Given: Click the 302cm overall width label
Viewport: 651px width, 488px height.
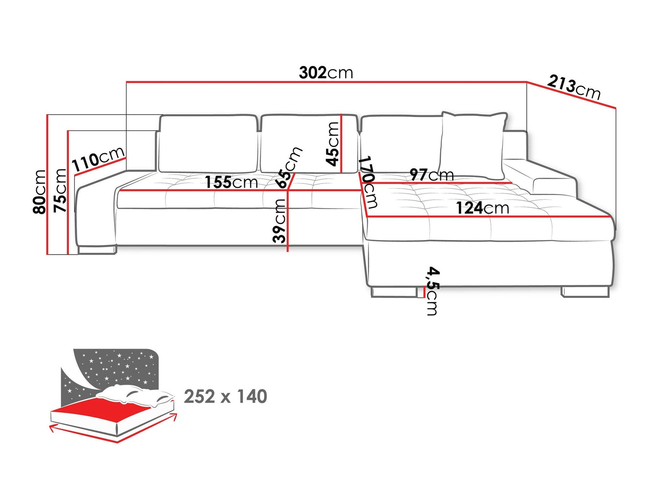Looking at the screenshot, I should [326, 72].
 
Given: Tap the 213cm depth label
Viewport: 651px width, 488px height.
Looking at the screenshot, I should [573, 87].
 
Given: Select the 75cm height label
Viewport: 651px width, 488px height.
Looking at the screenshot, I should [60, 190].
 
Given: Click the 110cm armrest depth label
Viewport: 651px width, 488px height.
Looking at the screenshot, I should [98, 159].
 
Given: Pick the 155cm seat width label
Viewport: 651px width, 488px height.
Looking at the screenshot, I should [231, 182].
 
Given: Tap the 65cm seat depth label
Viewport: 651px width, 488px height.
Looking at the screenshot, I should [289, 167].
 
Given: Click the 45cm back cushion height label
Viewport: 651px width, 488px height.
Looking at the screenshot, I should [333, 144].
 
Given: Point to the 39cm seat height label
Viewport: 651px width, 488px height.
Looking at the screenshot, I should [279, 221].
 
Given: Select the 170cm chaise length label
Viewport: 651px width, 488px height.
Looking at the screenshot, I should [368, 182].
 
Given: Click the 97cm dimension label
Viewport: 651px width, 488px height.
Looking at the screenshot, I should [431, 174].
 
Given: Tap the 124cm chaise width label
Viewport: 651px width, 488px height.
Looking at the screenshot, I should [482, 208].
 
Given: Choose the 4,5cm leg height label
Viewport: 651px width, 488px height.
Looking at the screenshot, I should [432, 290].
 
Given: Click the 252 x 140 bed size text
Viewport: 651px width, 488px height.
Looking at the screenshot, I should [225, 396].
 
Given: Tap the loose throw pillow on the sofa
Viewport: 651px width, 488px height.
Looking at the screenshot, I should [473, 145].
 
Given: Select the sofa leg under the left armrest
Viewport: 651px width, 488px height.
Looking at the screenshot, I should [97, 249].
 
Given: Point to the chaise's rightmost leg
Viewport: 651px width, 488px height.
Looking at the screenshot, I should [585, 292].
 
